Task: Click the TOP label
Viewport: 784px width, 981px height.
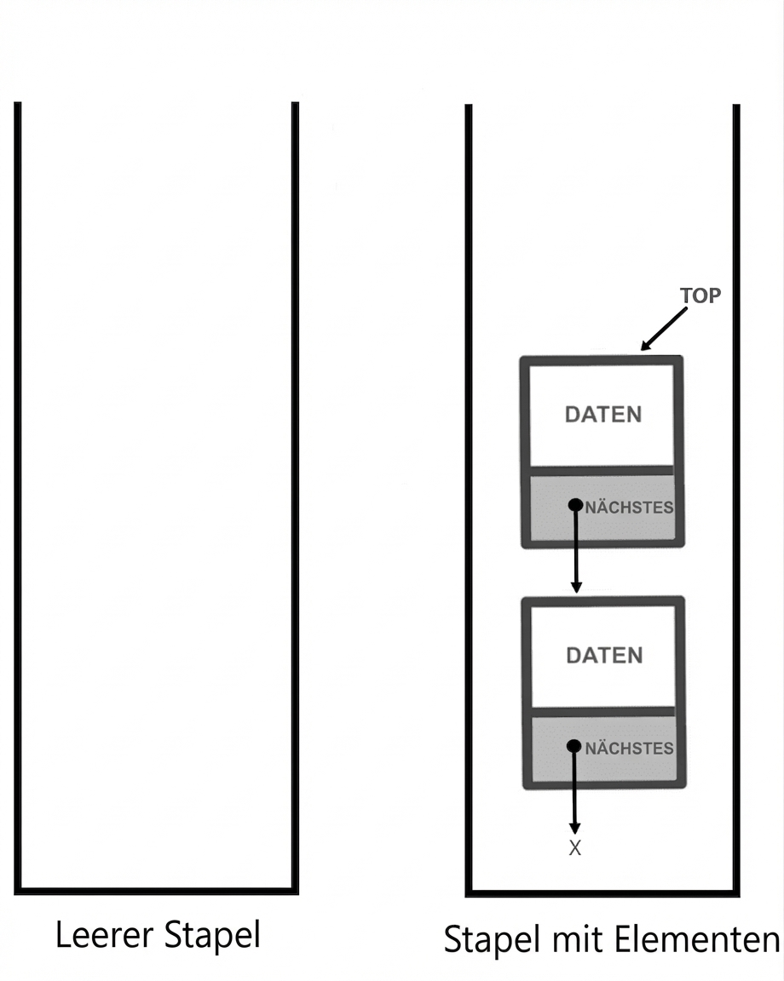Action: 700,295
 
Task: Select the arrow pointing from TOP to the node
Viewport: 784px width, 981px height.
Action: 663,329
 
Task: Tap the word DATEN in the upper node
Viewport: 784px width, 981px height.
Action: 603,415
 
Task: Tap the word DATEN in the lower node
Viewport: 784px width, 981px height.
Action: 605,655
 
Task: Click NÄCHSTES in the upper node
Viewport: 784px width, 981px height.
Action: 629,507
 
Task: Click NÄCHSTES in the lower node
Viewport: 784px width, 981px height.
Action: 629,748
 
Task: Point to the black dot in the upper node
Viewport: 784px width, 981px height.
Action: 575,505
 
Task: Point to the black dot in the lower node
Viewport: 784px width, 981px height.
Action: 574,746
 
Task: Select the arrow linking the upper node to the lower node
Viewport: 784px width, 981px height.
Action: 575,548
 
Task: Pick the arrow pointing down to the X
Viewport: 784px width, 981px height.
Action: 574,789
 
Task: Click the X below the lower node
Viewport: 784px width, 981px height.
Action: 575,848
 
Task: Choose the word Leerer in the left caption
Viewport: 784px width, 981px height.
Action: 105,935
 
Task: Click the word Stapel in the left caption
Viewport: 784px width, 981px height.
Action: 212,937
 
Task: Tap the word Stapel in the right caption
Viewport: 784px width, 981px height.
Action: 493,941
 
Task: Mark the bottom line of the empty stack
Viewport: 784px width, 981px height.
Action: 157,891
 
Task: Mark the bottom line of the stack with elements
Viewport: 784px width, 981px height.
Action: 602,892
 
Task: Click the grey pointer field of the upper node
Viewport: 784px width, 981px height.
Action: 602,508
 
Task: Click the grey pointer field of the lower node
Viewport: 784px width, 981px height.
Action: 604,749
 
